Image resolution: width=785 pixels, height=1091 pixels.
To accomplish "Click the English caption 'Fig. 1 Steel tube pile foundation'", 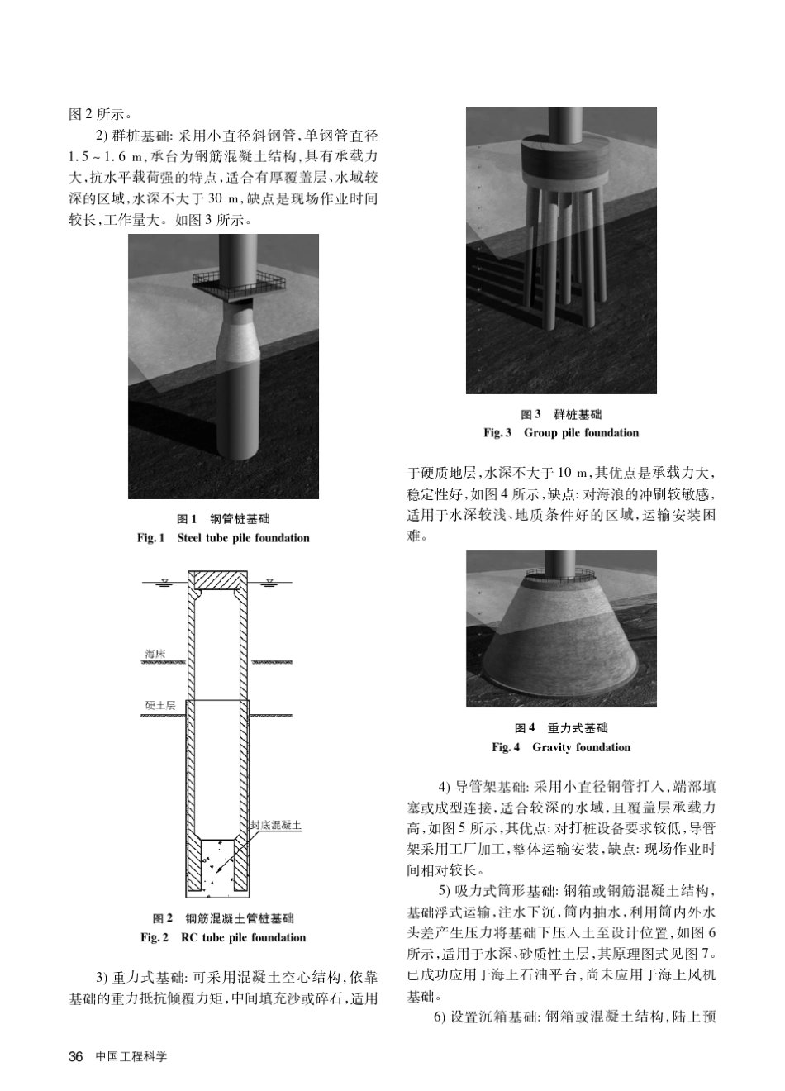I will point(223,538).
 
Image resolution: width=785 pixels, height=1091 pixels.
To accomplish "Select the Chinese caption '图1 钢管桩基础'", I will point(223,519).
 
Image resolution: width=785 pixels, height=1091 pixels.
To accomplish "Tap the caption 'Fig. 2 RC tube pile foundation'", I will point(223,937).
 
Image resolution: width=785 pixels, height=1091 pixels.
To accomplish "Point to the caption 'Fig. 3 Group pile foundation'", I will point(561,433).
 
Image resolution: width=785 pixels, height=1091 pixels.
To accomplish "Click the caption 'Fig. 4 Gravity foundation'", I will point(561,747).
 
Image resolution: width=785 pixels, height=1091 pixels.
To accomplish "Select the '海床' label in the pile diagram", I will point(155,654).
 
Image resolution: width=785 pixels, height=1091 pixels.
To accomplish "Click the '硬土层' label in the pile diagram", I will point(159,706).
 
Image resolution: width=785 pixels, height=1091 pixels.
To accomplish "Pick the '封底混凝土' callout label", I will point(276,825).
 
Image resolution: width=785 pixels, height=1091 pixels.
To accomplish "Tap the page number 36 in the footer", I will point(76,1056).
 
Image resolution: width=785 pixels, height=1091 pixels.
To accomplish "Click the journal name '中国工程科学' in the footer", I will point(131,1056).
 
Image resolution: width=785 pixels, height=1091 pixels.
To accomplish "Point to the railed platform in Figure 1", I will point(239,283).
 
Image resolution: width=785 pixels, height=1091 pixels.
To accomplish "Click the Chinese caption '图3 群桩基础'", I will point(561,414).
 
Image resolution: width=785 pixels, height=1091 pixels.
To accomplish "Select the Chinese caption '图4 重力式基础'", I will point(561,728).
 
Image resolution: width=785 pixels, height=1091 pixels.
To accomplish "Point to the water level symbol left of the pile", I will point(164,582).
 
